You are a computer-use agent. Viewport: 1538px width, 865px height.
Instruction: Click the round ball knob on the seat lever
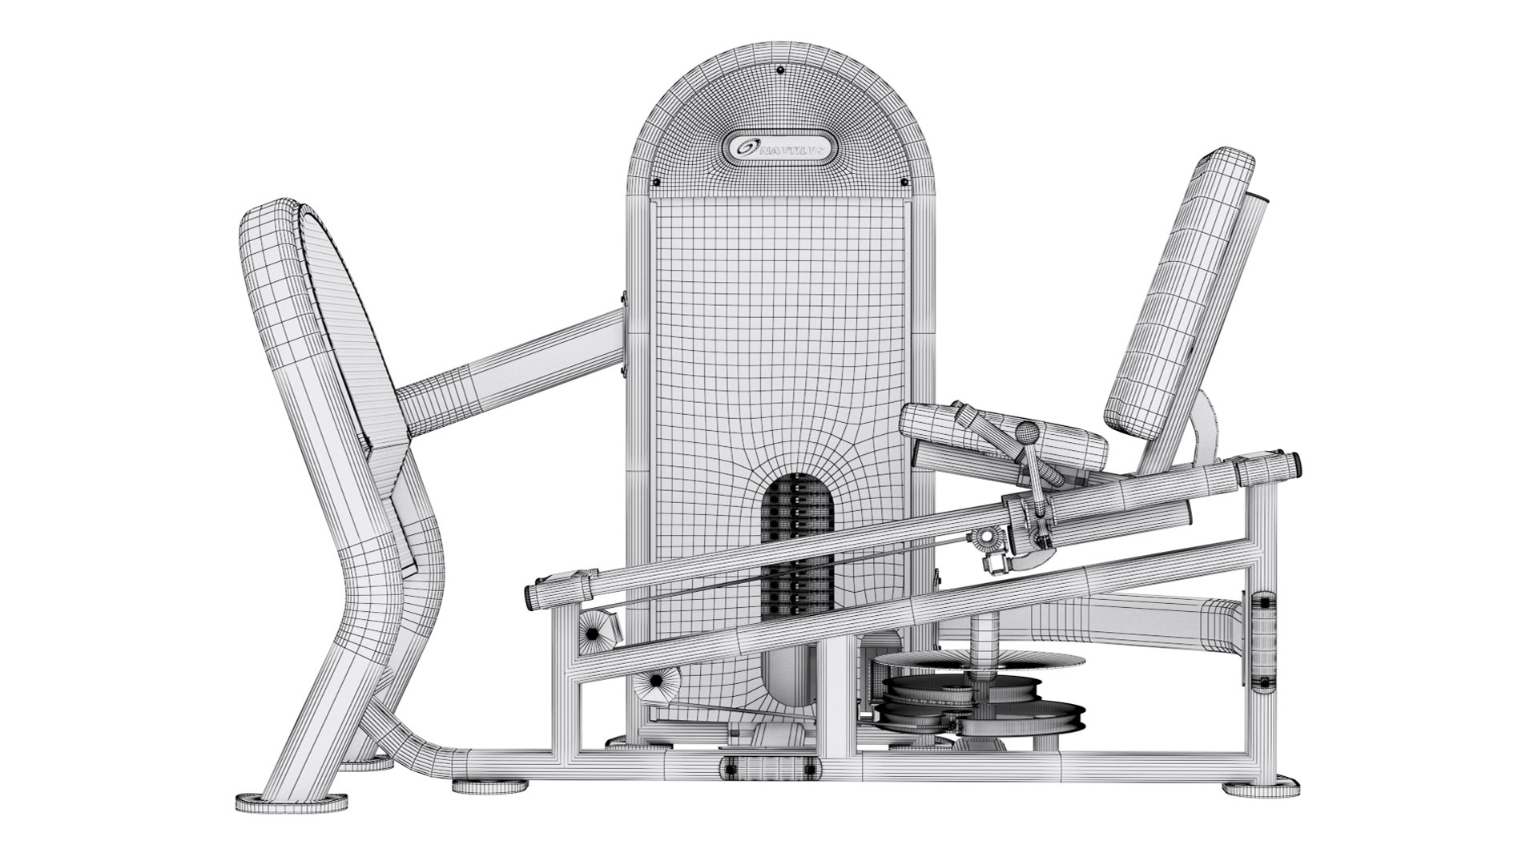(x=1026, y=433)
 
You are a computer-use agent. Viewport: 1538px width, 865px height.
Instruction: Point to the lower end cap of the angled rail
(x=532, y=593)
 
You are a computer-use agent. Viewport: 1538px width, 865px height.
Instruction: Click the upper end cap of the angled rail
(x=1291, y=462)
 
